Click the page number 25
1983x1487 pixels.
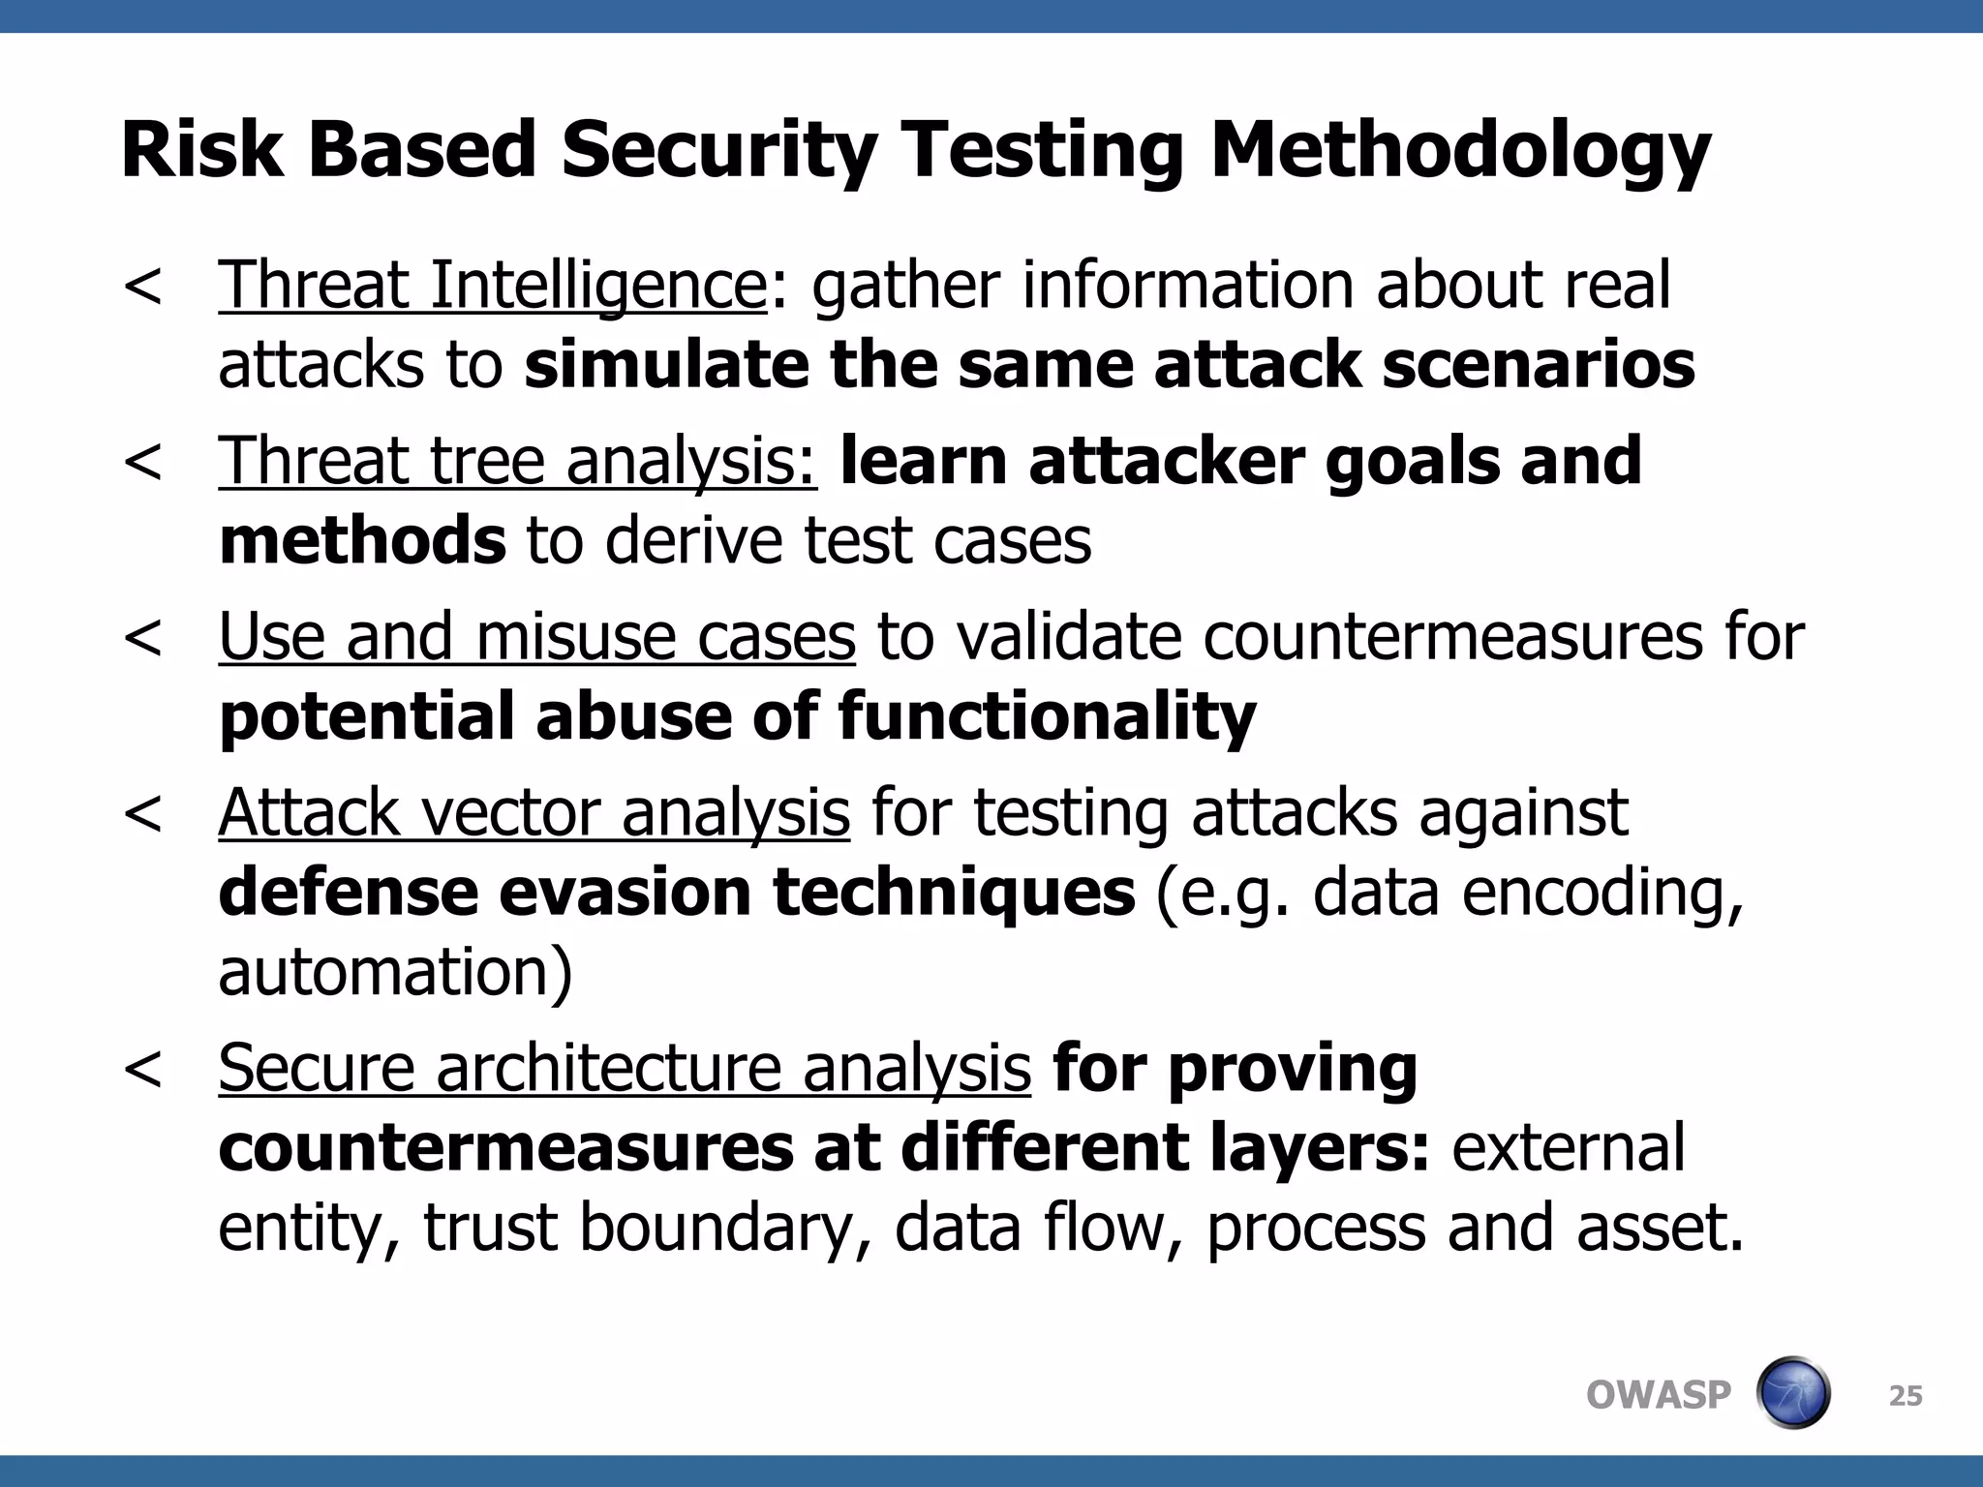coord(1906,1395)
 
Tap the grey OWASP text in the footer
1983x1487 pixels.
coord(1658,1395)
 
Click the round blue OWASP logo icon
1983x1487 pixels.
coord(1792,1393)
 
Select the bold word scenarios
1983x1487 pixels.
coord(1539,365)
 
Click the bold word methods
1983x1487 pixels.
coord(362,540)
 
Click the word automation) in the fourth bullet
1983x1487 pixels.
coord(395,971)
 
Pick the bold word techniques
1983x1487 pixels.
coord(954,892)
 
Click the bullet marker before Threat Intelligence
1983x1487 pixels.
coord(143,286)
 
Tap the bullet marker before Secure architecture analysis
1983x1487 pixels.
coord(143,1069)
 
